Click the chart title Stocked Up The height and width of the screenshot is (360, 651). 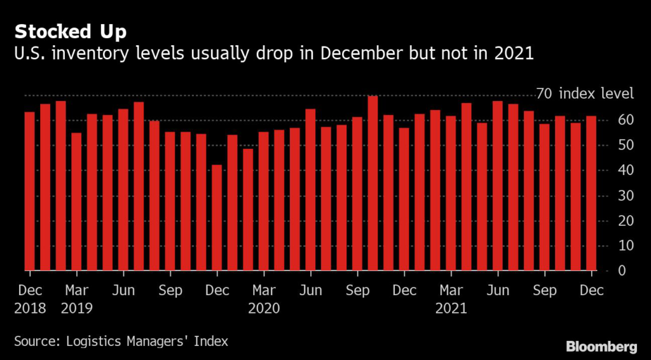pyautogui.click(x=71, y=32)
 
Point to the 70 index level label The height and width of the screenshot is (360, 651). pyautogui.click(x=585, y=94)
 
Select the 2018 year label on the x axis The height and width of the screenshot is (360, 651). pyautogui.click(x=29, y=308)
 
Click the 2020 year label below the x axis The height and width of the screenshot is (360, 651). pyautogui.click(x=263, y=308)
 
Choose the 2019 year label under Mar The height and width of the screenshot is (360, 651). pyautogui.click(x=76, y=308)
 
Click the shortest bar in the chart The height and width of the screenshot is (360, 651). pyautogui.click(x=217, y=217)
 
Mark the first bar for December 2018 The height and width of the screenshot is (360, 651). pyautogui.click(x=29, y=191)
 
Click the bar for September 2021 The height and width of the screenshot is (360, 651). pyautogui.click(x=544, y=197)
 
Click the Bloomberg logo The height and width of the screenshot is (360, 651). pyautogui.click(x=601, y=347)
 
